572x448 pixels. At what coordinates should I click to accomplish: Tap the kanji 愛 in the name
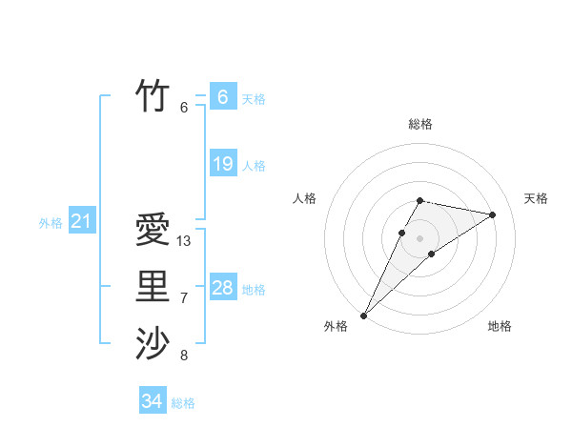[x=153, y=229]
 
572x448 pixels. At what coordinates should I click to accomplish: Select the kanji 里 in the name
[x=153, y=286]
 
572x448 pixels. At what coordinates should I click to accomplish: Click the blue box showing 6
[x=222, y=96]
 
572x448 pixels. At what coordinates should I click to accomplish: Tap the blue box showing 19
[x=222, y=164]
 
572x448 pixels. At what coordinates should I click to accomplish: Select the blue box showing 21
[x=81, y=222]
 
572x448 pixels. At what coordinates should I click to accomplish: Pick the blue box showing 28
[x=222, y=288]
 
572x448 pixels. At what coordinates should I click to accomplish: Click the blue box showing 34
[x=153, y=401]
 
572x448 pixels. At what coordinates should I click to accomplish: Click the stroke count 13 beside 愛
[x=184, y=241]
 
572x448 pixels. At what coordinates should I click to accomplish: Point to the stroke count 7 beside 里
[x=184, y=298]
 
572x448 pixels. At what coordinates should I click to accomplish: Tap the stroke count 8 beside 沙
[x=184, y=356]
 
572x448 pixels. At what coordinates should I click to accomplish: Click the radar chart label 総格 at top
[x=420, y=124]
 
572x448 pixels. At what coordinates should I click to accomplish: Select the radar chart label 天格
[x=536, y=198]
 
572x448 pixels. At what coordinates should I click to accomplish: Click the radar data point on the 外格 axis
[x=364, y=315]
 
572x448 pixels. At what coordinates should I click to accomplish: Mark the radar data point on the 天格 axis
[x=493, y=214]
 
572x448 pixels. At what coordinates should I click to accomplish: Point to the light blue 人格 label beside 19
[x=254, y=166]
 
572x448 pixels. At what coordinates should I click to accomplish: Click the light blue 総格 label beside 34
[x=183, y=403]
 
